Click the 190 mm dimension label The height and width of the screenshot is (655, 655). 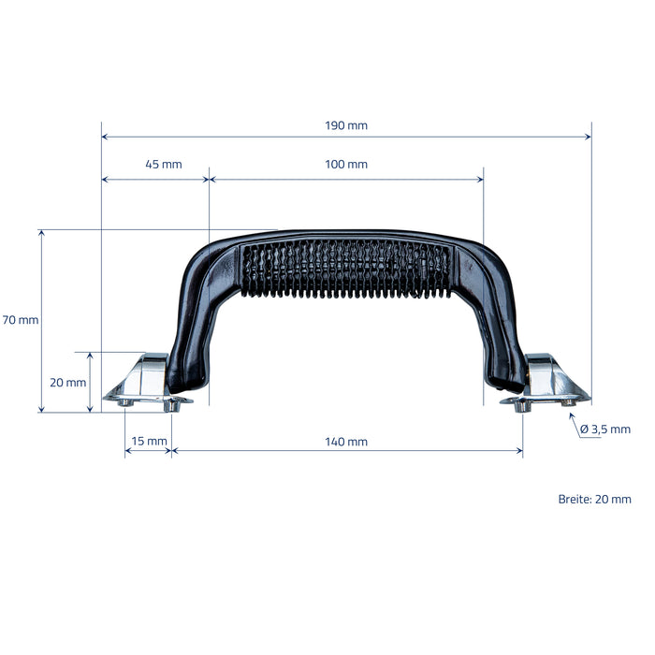346,125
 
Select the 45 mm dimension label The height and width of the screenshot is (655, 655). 164,164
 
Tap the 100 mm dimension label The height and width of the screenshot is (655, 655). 346,164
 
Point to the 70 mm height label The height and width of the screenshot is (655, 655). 21,320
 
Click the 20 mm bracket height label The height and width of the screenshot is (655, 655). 68,382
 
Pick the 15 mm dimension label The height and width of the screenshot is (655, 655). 149,441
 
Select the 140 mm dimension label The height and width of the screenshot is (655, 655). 346,442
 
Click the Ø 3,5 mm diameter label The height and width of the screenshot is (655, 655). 605,429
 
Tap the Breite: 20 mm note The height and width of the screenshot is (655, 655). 595,499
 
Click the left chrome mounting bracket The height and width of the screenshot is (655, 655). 145,382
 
